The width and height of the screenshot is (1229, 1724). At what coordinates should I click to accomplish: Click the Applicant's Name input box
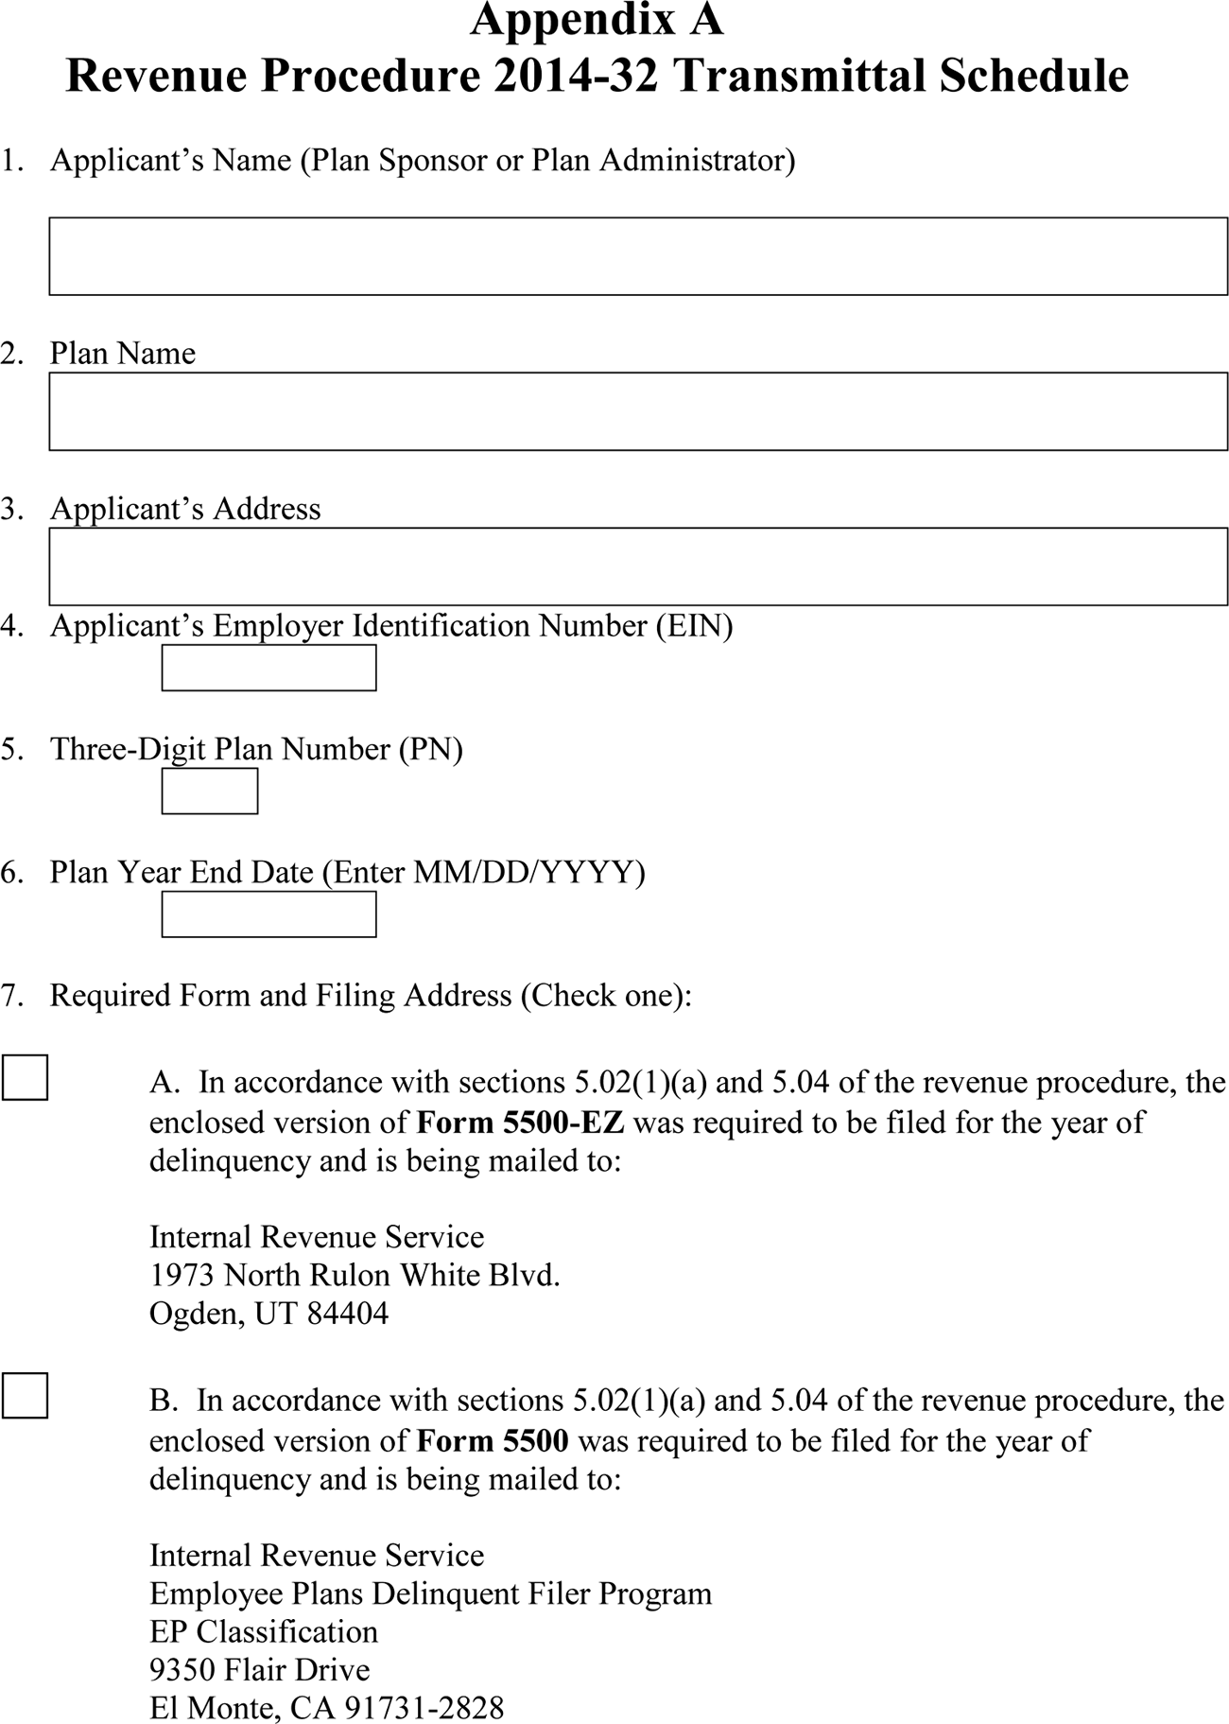pyautogui.click(x=638, y=256)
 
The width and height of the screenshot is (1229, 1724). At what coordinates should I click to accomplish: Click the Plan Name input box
pyautogui.click(x=638, y=411)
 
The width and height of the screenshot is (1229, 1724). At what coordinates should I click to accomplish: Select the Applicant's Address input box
pyautogui.click(x=638, y=566)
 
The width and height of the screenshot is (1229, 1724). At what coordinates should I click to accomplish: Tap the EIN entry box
pyautogui.click(x=268, y=668)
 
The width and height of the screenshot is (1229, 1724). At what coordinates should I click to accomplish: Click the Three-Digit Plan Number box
pyautogui.click(x=209, y=791)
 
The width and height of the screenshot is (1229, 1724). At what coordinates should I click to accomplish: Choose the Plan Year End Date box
pyautogui.click(x=268, y=914)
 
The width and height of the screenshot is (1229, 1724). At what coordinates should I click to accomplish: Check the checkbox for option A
pyautogui.click(x=25, y=1077)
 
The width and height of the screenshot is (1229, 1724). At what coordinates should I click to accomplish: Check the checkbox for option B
pyautogui.click(x=25, y=1395)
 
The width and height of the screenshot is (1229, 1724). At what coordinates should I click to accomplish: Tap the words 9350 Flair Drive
pyautogui.click(x=259, y=1669)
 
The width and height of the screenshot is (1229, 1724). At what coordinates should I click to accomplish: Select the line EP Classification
pyautogui.click(x=263, y=1631)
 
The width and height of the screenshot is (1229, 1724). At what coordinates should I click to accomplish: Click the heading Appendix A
pyautogui.click(x=597, y=21)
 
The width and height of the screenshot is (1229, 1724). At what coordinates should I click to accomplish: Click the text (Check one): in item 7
pyautogui.click(x=606, y=995)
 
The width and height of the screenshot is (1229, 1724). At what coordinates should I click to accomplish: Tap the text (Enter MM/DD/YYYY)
pyautogui.click(x=483, y=871)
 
